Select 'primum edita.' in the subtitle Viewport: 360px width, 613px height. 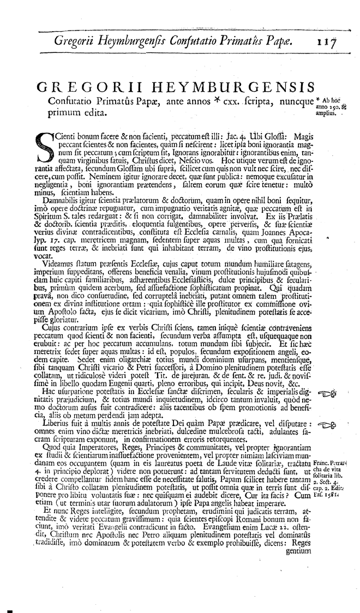click(x=74, y=113)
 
